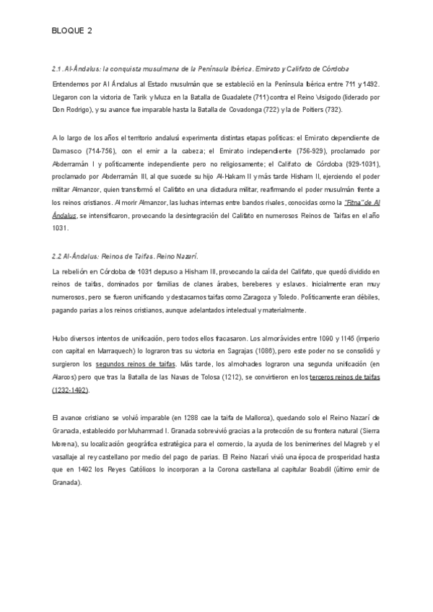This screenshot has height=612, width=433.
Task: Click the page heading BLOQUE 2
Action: click(72, 31)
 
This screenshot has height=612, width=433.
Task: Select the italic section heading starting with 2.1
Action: click(201, 69)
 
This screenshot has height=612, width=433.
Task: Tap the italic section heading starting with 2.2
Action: click(125, 256)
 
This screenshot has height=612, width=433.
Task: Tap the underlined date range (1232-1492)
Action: click(71, 390)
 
